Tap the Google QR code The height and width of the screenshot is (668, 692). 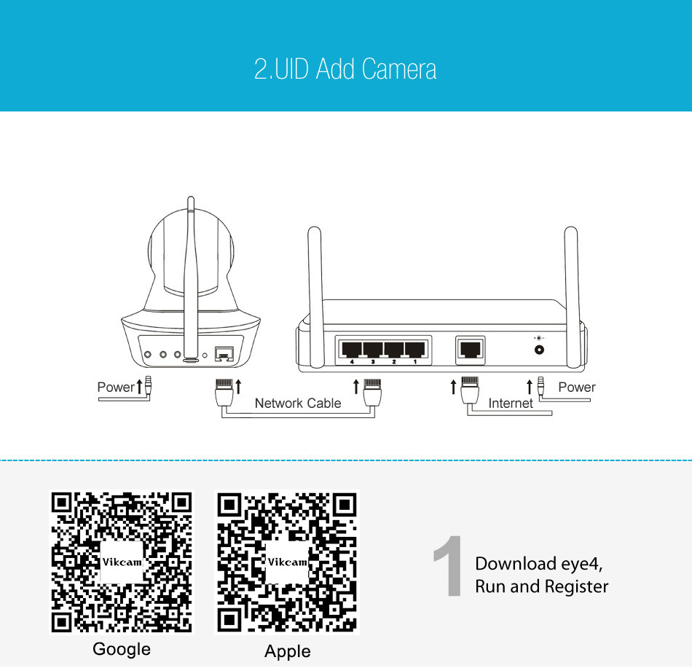tap(122, 562)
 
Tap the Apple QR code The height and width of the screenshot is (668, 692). tap(287, 562)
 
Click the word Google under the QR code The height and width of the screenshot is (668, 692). tap(122, 649)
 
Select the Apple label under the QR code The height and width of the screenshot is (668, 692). tap(287, 651)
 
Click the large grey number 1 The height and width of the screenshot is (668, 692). tap(448, 565)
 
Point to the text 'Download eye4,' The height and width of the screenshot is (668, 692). tap(539, 564)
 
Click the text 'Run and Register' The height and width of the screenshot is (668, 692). tap(541, 586)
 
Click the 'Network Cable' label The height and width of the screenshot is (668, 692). tap(298, 403)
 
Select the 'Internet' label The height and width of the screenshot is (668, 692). tap(511, 403)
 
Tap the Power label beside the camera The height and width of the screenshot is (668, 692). tap(116, 387)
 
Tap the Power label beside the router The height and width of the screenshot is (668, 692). tap(577, 387)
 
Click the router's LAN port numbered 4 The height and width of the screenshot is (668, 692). tap(352, 350)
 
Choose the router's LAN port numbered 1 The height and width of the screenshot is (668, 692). tap(415, 350)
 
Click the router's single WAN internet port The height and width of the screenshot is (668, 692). tap(471, 350)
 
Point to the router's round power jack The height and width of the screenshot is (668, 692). tap(539, 350)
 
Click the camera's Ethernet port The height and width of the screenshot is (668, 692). tap(224, 354)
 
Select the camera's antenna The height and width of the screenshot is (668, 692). tap(191, 279)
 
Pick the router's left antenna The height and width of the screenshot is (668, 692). tap(315, 297)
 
